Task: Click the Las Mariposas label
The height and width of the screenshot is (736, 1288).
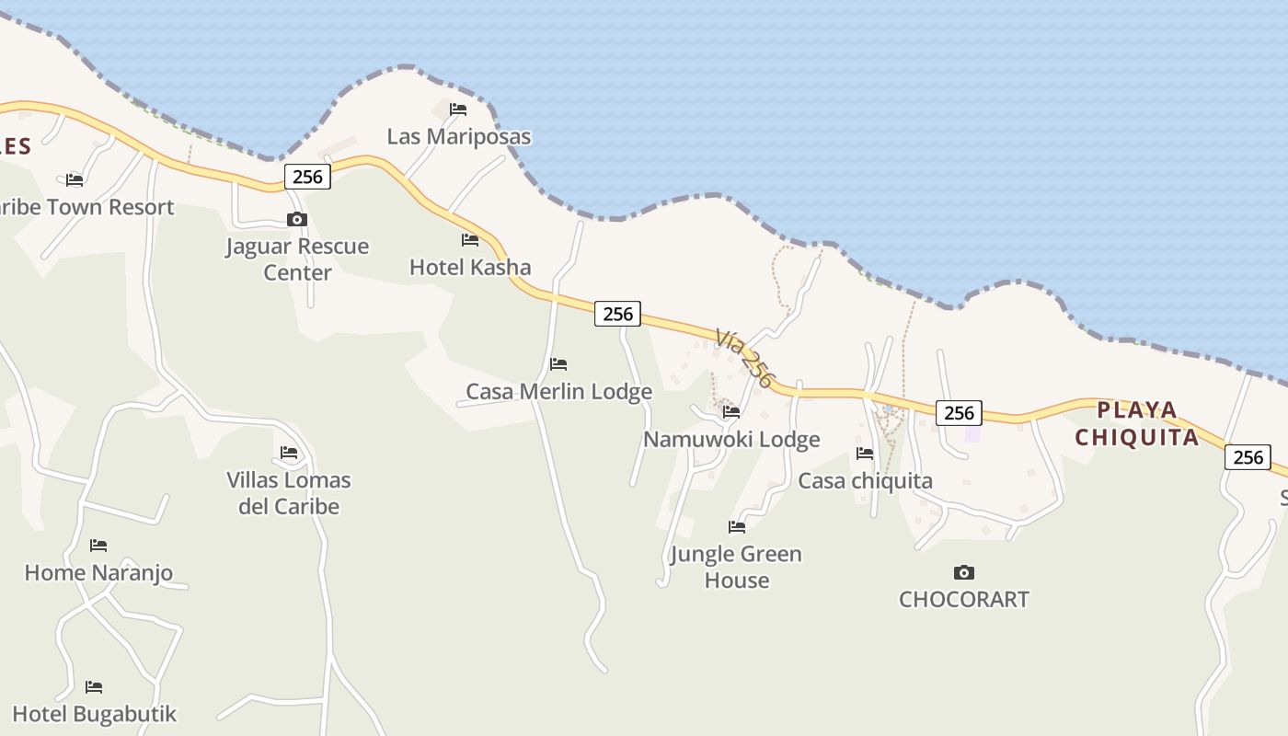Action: pos(458,137)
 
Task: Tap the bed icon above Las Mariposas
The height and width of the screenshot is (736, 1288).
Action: pos(458,109)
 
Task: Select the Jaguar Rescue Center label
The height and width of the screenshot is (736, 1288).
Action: pos(297,259)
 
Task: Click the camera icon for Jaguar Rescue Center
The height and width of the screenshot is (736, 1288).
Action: pos(296,219)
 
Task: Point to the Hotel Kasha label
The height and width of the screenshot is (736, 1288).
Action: pos(470,268)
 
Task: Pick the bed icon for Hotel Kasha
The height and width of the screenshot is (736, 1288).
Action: pos(470,240)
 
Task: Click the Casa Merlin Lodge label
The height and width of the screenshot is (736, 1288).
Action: pos(558,392)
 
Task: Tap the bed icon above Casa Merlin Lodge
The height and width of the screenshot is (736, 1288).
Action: pos(558,364)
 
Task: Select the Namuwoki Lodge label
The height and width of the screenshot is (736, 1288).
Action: pos(731,440)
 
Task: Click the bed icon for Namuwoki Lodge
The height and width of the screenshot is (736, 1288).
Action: pos(731,412)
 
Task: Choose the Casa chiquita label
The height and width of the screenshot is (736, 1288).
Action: pos(865,481)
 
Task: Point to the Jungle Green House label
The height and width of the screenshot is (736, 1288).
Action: pos(736,567)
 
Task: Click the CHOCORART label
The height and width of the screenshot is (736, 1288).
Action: pos(963,600)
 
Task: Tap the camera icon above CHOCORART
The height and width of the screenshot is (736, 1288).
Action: pos(963,572)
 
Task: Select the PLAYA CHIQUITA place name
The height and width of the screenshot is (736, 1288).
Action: pos(1137,423)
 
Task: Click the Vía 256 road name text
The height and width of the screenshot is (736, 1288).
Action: pos(743,359)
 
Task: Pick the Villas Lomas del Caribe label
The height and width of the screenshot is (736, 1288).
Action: pos(289,493)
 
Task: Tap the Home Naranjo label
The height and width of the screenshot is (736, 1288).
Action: pos(98,573)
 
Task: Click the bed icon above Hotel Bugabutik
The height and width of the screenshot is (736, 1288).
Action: pos(94,687)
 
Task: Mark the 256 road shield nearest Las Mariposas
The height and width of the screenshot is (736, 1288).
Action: pos(307,177)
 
